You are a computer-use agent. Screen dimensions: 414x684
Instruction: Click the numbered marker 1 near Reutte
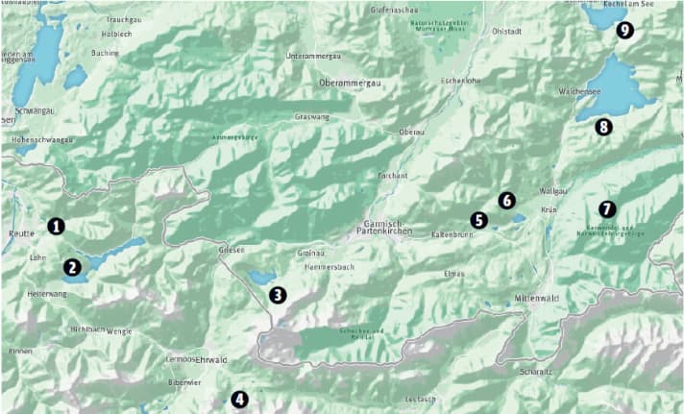tap(57, 227)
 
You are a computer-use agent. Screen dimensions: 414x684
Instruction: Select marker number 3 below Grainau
tap(278, 295)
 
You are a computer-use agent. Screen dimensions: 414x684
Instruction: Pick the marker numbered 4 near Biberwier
tap(239, 400)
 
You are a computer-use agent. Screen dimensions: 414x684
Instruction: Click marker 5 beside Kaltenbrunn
tap(479, 220)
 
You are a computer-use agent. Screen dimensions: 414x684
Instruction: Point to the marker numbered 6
tap(507, 201)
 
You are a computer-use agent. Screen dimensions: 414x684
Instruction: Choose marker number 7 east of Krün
tap(606, 208)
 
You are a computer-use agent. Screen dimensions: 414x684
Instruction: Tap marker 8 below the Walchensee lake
tap(603, 127)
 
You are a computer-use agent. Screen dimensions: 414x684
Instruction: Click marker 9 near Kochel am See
tap(625, 31)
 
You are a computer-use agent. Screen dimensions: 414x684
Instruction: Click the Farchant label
tap(393, 176)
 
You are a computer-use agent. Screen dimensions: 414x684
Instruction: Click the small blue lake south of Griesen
tap(260, 278)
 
